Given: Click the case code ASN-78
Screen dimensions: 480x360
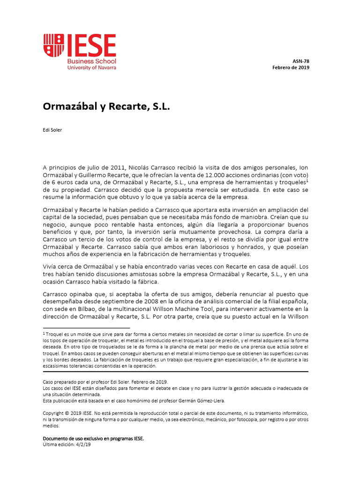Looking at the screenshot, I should [x=301, y=61].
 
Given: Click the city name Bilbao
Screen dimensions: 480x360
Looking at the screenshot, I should [x=84, y=309].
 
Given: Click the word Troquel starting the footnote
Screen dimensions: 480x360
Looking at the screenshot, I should [x=54, y=334].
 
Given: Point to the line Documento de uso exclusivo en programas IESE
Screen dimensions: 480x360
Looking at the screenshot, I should [x=93, y=439].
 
